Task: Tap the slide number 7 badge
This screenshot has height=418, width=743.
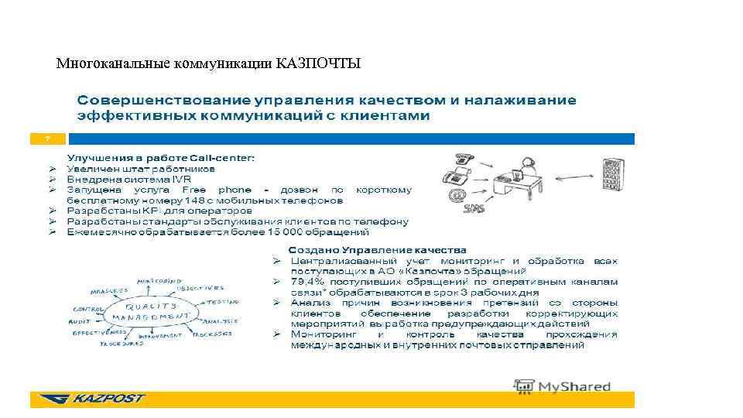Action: coord(48,139)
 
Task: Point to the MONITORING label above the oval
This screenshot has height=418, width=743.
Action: coord(159,281)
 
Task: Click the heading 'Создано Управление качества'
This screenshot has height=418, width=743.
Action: coord(377,250)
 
